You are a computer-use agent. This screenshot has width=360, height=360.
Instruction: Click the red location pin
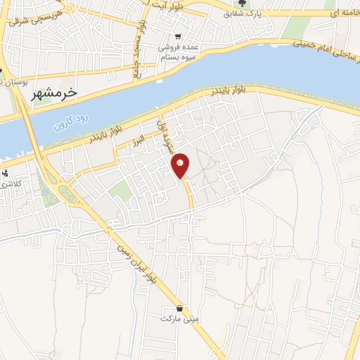pyautogui.click(x=181, y=165)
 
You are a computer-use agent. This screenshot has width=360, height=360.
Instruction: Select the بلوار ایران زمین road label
pyautogui.click(x=134, y=253)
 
